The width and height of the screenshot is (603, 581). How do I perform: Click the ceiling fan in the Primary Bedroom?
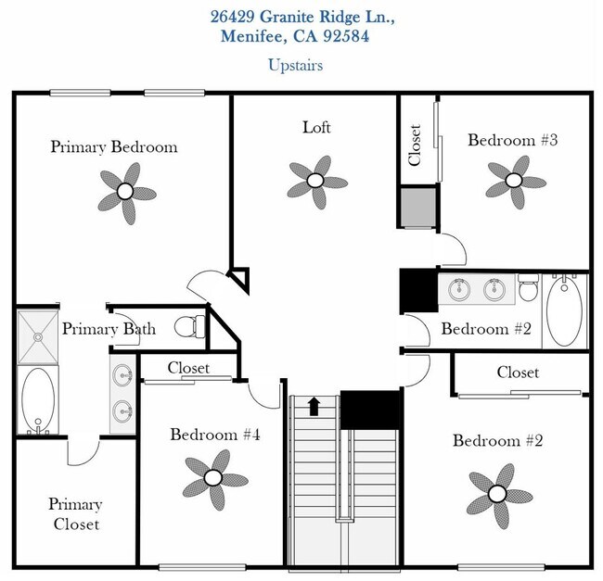click(x=124, y=192)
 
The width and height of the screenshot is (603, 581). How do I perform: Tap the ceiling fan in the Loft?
click(x=316, y=181)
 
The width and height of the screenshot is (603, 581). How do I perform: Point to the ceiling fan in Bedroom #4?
click(x=213, y=478)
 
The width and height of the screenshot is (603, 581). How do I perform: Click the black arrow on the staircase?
click(x=314, y=406)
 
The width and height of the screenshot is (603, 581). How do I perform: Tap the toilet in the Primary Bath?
click(x=188, y=325)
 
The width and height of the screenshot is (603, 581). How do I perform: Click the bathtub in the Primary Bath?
click(x=37, y=401)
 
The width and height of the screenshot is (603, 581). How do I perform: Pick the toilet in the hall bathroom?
click(x=528, y=290)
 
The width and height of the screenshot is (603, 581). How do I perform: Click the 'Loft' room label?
click(x=316, y=127)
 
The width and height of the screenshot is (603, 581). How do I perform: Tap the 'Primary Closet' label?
click(x=75, y=514)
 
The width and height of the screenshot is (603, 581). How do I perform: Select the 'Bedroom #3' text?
click(x=513, y=141)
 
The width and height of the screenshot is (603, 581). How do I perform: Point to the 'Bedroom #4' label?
click(x=214, y=434)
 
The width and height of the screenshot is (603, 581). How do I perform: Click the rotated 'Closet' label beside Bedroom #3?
click(x=415, y=145)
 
